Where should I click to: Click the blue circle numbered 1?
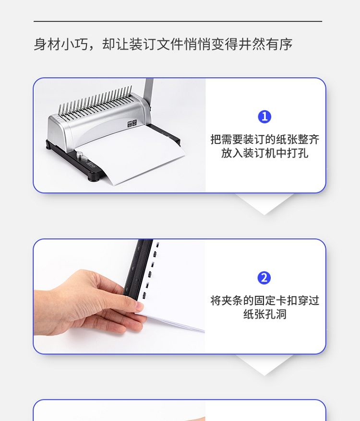264,117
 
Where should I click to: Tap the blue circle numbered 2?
264,278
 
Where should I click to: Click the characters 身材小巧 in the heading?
61,44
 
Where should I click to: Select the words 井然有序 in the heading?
265,44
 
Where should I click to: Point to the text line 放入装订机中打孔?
264,153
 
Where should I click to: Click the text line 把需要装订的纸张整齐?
264,140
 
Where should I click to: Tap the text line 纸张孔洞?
264,314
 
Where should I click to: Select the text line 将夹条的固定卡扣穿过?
264,301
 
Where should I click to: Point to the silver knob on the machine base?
80,155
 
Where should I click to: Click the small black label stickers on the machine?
132,124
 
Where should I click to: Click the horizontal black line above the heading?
178,21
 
